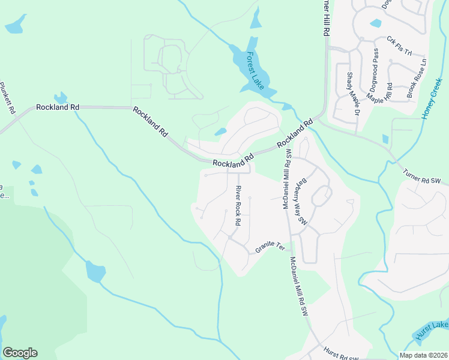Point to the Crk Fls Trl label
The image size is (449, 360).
[x=399, y=46]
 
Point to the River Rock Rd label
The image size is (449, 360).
[x=238, y=206]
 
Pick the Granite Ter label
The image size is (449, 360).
[x=270, y=246]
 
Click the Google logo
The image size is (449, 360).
[x=20, y=353]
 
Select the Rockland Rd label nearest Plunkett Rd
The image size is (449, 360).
[x=58, y=107]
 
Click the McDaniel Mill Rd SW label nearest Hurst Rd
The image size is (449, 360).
[x=298, y=286]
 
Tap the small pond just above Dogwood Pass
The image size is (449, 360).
[x=376, y=23]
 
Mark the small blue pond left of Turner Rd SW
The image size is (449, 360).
[x=385, y=139]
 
